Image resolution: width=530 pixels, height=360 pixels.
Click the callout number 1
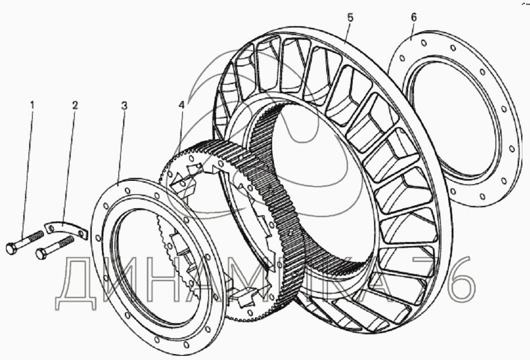pos(33,105)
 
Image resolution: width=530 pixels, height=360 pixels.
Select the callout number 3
pos(124,106)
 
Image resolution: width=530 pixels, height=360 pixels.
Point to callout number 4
pos(182,105)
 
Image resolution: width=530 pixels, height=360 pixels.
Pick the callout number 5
pos(350,18)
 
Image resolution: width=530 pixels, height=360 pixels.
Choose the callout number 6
pos(413,18)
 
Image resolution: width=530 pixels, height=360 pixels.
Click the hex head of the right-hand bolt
pos(41,253)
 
